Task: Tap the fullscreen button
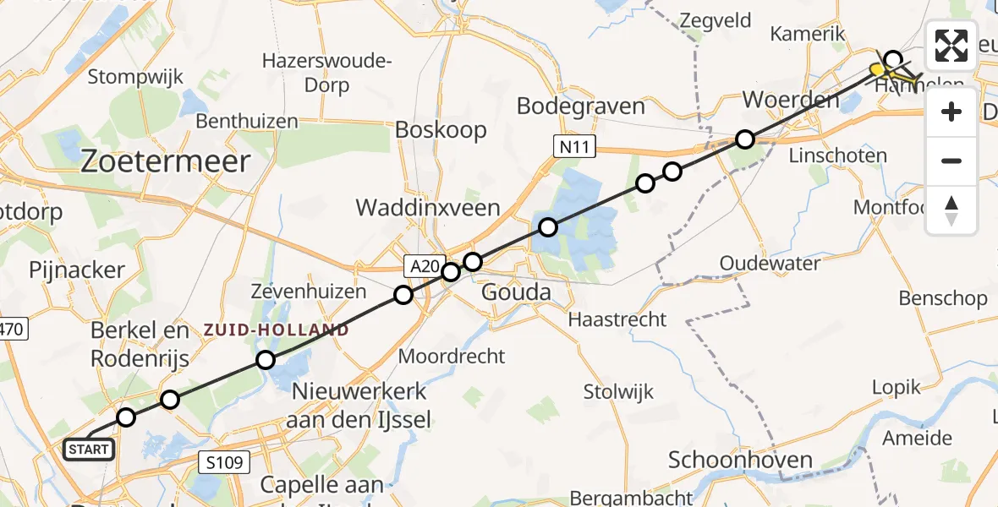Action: (x=951, y=46)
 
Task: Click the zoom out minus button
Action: (x=951, y=161)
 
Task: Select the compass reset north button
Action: (x=951, y=210)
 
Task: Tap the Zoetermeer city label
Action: (x=165, y=161)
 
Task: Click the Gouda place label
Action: (x=515, y=293)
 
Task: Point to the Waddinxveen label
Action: (x=428, y=207)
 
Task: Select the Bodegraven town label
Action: (x=580, y=106)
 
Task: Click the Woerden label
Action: (x=791, y=100)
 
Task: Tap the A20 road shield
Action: (x=425, y=267)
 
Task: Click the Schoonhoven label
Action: (x=740, y=461)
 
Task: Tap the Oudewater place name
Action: (x=770, y=264)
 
